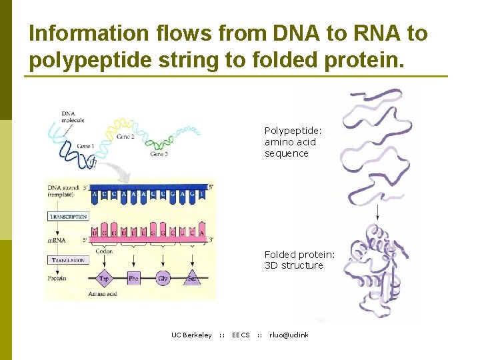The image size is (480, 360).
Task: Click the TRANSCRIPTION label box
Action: [x=67, y=217]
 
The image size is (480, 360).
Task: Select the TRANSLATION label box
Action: [x=67, y=260]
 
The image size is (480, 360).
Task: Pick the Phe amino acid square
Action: [x=134, y=278]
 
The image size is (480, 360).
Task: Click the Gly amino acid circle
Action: [x=163, y=278]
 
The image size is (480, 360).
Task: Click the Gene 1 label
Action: [x=85, y=146]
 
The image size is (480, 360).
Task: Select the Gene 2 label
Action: [x=125, y=137]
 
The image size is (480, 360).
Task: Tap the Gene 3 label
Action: [x=159, y=154]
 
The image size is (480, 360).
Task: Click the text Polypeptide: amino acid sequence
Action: [x=292, y=142]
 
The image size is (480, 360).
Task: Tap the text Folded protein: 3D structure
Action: [x=299, y=260]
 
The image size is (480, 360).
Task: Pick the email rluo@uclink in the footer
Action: [x=289, y=335]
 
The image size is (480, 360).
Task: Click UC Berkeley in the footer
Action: [x=191, y=335]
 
